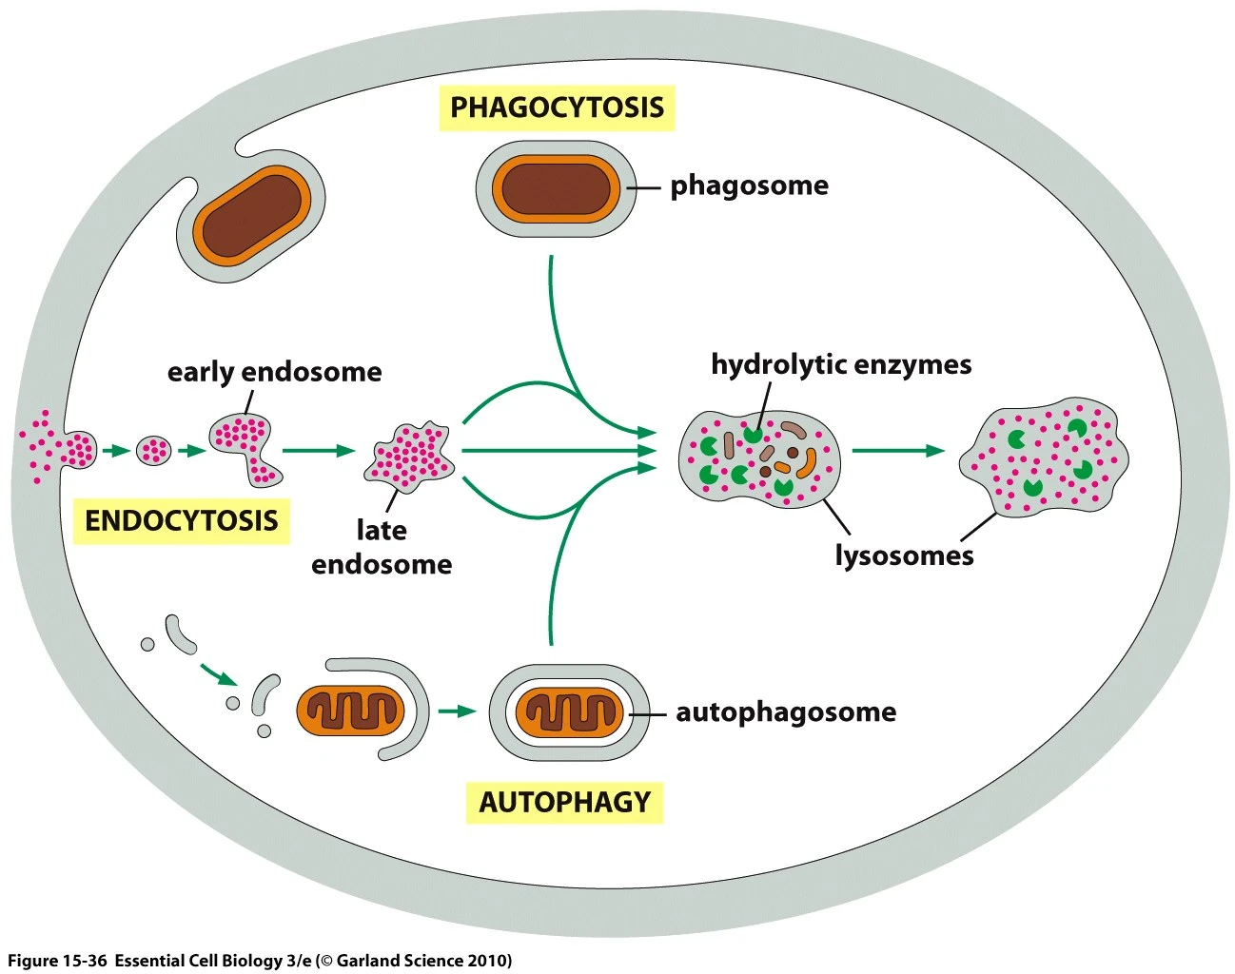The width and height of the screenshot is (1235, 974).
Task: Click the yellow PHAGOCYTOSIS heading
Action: [x=557, y=107]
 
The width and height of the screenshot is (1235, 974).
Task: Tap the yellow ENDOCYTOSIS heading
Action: [x=181, y=520]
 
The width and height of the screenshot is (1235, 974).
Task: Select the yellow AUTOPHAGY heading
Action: [x=564, y=802]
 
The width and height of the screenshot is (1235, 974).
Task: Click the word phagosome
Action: [x=749, y=185]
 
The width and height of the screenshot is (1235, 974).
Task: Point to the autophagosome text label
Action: [x=785, y=711]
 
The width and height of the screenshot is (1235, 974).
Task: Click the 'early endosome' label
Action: [x=274, y=372]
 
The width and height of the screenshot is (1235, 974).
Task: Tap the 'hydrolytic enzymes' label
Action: [x=841, y=364]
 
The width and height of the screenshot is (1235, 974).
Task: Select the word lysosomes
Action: [x=904, y=555]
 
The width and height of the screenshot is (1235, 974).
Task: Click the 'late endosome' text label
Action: [x=382, y=547]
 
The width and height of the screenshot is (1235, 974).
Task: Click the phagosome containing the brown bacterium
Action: [x=556, y=188]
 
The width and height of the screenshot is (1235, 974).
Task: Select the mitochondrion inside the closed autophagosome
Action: [x=569, y=712]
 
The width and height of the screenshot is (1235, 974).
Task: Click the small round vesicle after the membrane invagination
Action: [x=153, y=450]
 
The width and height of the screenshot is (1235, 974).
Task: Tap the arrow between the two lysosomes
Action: [x=897, y=451]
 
